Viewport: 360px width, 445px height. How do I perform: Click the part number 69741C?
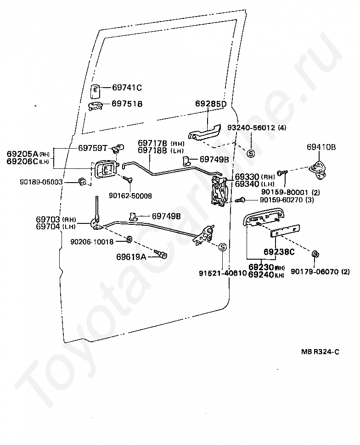127,88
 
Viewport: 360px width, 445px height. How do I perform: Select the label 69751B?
127,104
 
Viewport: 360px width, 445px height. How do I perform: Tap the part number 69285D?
211,104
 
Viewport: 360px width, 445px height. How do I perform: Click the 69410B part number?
321,147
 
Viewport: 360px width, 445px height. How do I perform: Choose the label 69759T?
92,148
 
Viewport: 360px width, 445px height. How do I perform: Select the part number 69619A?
131,256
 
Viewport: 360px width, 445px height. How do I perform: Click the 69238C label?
279,252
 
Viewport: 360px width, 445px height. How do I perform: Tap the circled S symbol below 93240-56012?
251,153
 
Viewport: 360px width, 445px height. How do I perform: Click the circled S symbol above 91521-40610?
221,248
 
